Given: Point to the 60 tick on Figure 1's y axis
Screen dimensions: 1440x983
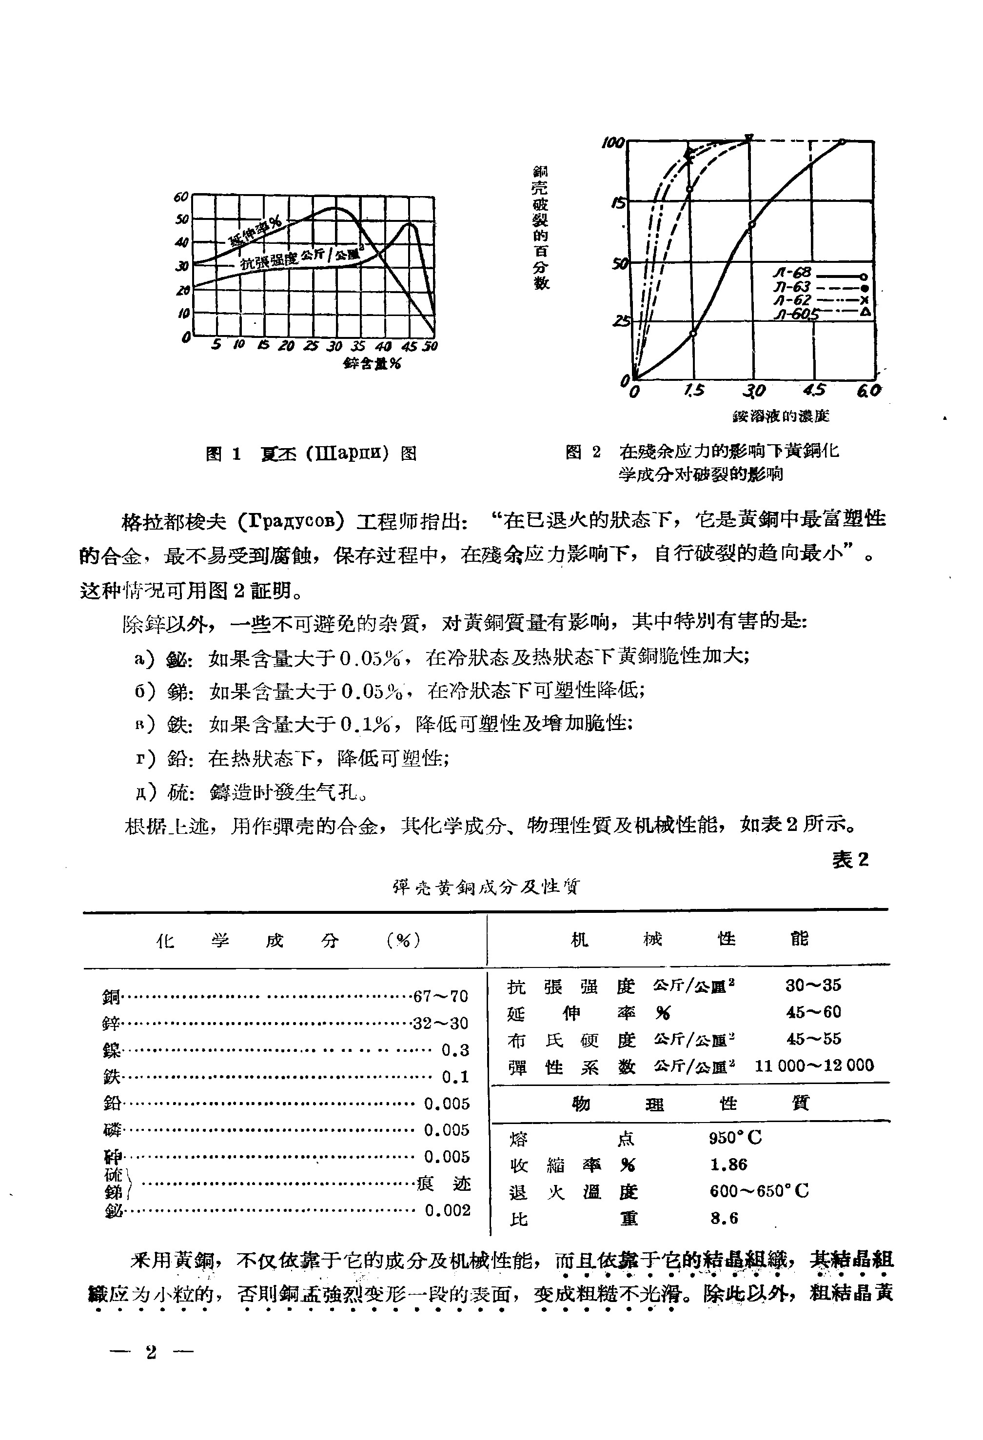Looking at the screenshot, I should coord(180,197).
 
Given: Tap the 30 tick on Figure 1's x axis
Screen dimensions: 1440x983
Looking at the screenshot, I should coord(334,346).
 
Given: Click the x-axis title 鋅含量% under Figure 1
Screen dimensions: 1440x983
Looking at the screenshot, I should coord(372,364).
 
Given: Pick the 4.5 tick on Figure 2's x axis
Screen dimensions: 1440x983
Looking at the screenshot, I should coord(814,391).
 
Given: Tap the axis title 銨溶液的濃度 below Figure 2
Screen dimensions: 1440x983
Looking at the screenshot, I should coord(781,416).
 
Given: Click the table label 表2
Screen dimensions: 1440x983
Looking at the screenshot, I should coord(850,859).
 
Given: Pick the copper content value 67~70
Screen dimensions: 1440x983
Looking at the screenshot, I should coord(440,996).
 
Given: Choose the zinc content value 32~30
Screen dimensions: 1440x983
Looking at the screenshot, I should coord(440,1023).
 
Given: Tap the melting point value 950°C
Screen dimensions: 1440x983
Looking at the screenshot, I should coord(735,1138).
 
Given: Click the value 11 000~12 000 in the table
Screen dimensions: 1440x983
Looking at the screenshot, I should coord(814,1066).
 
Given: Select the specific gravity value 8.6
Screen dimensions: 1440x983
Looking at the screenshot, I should coord(724,1218).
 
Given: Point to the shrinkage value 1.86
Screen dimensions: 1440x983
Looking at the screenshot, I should coord(728,1165).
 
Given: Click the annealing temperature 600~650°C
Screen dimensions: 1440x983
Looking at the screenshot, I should coord(759,1191).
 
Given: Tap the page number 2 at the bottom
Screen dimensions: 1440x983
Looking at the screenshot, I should coord(152,1352).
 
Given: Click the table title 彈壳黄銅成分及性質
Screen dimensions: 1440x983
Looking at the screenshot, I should coord(486,888).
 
